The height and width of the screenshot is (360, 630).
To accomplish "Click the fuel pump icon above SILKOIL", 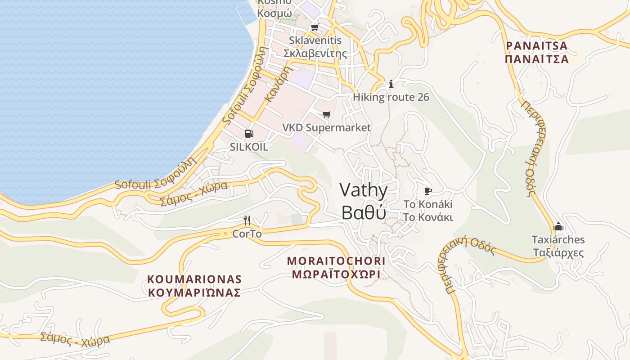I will [x=249, y=134].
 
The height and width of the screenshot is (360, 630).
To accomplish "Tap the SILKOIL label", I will [x=249, y=147].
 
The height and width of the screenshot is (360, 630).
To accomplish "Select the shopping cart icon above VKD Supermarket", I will [x=326, y=115].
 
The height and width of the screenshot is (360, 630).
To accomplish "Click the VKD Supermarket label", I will [x=326, y=128].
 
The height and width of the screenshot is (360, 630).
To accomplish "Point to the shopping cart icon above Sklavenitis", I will [x=315, y=27].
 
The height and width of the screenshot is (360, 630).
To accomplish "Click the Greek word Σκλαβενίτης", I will [x=315, y=53].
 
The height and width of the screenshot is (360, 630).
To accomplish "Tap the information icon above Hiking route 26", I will [x=391, y=84].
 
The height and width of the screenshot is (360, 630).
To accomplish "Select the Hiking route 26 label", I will [x=391, y=97].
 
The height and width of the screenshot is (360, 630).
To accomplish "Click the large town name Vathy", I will [x=363, y=190].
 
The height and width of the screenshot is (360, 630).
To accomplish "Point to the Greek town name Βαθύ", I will [x=363, y=212].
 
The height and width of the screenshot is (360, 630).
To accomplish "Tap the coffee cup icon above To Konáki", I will [x=428, y=191].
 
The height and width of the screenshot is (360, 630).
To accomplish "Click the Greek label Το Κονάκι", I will [x=428, y=217].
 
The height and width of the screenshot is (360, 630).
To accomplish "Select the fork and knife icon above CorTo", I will [x=247, y=220].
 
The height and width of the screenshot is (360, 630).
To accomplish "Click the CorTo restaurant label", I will [x=247, y=234].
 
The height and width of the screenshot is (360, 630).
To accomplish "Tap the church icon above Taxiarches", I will [x=558, y=226].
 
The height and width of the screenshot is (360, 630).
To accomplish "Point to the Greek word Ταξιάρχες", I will [x=558, y=252].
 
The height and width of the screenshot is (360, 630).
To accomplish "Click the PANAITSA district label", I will [x=536, y=46].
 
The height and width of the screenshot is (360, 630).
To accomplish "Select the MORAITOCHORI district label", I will [x=336, y=261].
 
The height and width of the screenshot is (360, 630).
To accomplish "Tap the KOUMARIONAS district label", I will [x=194, y=279].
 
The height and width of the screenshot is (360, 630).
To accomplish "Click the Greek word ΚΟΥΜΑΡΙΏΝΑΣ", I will [x=194, y=292].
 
